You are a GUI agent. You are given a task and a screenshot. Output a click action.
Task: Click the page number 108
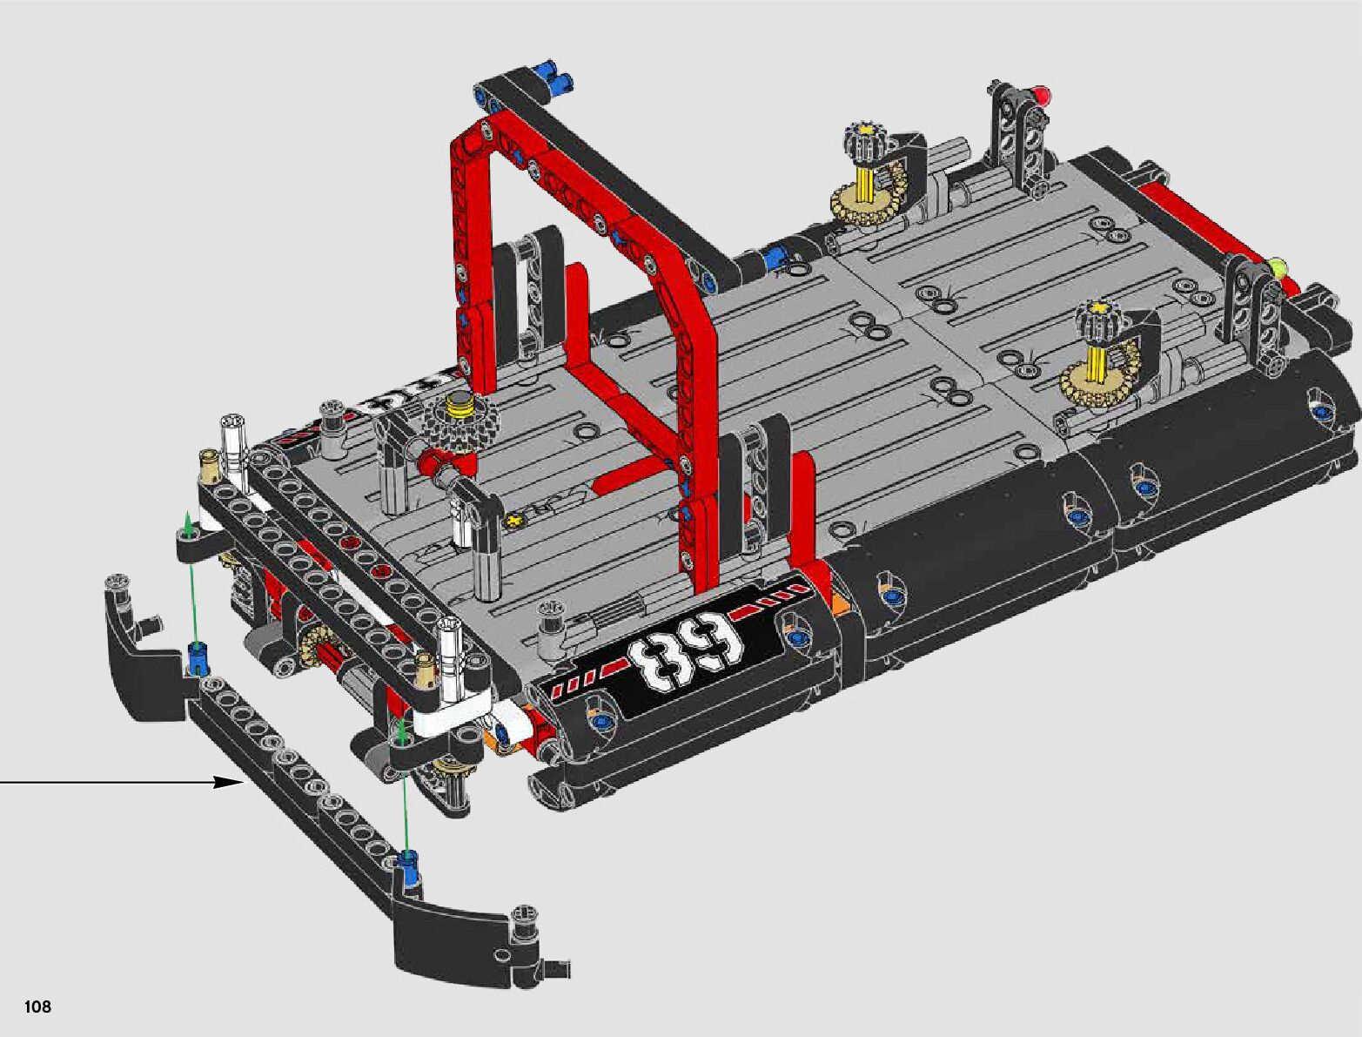[37, 1006]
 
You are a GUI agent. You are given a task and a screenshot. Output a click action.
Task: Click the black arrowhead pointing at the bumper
[229, 782]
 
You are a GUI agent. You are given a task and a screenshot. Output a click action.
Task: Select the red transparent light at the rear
[1041, 95]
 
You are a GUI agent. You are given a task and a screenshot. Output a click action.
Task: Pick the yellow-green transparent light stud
[1278, 269]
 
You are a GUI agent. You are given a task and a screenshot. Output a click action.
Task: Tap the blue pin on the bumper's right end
[407, 871]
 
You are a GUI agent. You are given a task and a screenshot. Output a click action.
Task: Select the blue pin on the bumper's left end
[198, 658]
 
